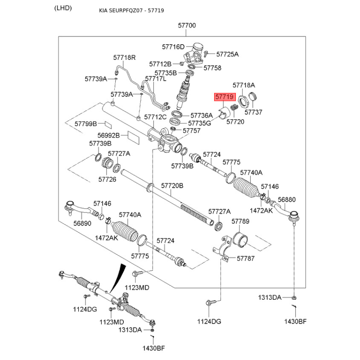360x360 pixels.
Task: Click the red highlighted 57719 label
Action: pyautogui.click(x=224, y=97)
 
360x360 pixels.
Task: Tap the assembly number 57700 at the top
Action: pyautogui.click(x=187, y=26)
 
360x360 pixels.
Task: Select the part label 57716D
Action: pyautogui.click(x=174, y=47)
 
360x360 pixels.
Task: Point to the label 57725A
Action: pyautogui.click(x=227, y=54)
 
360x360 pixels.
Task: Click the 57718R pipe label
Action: pyautogui.click(x=124, y=58)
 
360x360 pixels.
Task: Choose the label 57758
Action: pyautogui.click(x=212, y=68)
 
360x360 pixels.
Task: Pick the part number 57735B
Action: pyautogui.click(x=166, y=72)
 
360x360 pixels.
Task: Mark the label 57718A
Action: pyautogui.click(x=244, y=85)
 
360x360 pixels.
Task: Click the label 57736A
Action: pyautogui.click(x=201, y=115)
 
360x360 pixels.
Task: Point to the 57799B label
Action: pyautogui.click(x=86, y=123)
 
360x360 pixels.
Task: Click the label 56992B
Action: pyautogui.click(x=108, y=135)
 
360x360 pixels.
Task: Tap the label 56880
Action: pyautogui.click(x=287, y=199)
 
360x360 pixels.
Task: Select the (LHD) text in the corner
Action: pyautogui.click(x=63, y=9)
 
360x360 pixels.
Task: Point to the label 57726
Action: pyautogui.click(x=107, y=179)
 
